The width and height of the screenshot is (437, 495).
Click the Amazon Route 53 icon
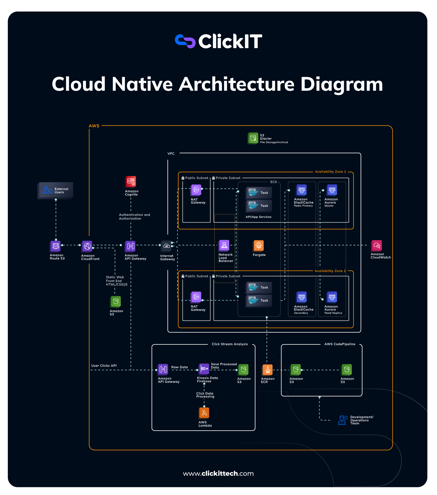[56, 246]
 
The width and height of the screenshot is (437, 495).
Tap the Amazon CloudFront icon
[87, 246]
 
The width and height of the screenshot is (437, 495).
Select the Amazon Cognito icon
[131, 182]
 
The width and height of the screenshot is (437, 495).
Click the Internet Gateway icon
[167, 246]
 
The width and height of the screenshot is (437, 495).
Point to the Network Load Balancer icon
[224, 245]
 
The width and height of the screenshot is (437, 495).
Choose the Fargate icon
[259, 246]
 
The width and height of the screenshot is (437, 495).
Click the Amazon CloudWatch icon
[377, 246]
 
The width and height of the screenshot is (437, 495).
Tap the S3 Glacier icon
[253, 138]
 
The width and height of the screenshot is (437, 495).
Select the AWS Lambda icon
[204, 413]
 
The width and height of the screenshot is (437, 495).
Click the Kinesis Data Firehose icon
[204, 369]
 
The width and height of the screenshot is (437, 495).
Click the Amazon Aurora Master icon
[332, 190]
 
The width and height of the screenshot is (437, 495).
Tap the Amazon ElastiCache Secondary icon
[302, 297]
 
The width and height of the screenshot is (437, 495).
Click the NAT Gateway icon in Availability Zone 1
[196, 190]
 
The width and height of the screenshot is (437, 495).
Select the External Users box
[56, 190]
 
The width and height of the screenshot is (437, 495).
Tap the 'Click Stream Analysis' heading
[230, 344]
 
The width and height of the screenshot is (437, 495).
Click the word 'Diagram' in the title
[342, 84]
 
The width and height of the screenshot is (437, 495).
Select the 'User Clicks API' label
[104, 366]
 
